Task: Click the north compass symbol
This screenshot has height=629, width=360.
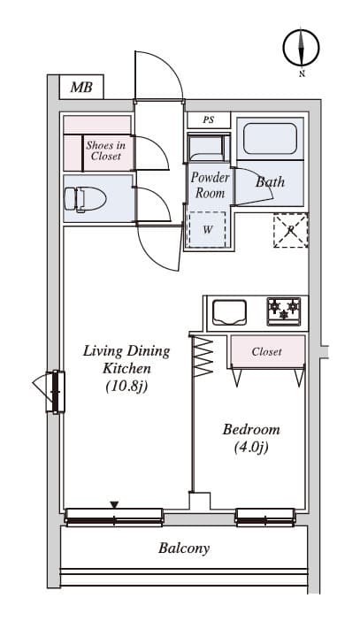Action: click(301, 48)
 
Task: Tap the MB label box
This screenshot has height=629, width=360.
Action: click(81, 87)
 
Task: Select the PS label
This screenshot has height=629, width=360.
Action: click(209, 120)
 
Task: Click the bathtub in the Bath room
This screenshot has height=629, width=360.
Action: click(270, 138)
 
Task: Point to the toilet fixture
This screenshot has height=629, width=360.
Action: click(85, 199)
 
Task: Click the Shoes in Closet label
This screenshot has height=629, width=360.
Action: click(106, 150)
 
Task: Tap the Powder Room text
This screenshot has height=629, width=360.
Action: click(210, 185)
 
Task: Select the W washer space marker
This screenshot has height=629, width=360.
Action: click(207, 229)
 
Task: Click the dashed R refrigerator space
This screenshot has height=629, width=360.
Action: click(291, 230)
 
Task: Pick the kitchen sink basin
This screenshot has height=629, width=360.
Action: click(229, 312)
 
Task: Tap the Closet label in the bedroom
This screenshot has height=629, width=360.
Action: click(266, 352)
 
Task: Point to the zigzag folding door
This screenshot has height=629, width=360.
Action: click(203, 357)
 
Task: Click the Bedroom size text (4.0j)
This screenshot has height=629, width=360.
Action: click(251, 448)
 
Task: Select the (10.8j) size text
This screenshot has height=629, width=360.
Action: click(126, 387)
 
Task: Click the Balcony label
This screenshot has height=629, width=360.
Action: click(184, 548)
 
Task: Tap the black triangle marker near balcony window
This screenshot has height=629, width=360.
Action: click(115, 504)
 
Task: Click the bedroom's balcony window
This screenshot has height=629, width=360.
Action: click(265, 517)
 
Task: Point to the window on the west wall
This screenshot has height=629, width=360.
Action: click(56, 392)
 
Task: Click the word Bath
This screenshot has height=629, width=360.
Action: click(270, 181)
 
